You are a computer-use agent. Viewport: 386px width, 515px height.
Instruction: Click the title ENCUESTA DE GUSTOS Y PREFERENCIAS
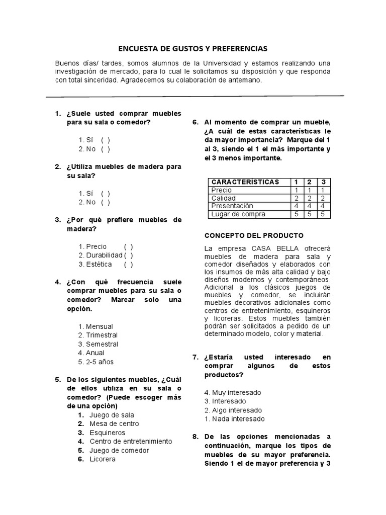pyautogui.click(x=193, y=49)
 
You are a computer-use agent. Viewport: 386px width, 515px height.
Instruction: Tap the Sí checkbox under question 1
pyautogui.click(x=105, y=140)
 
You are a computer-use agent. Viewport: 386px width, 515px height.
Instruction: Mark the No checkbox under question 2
pyautogui.click(x=105, y=202)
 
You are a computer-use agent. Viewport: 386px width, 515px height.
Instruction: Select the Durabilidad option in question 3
pyautogui.click(x=129, y=255)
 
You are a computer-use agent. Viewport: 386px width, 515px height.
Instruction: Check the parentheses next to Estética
pyautogui.click(x=129, y=264)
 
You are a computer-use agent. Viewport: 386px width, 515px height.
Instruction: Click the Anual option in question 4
pyautogui.click(x=95, y=353)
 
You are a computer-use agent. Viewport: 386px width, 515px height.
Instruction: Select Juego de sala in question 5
pyautogui.click(x=112, y=415)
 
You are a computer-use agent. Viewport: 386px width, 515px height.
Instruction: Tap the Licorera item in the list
pyautogui.click(x=103, y=459)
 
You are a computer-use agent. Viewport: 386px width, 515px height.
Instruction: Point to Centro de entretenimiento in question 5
pyautogui.click(x=131, y=442)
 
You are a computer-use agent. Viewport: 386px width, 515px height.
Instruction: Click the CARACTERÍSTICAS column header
pyautogui.click(x=245, y=182)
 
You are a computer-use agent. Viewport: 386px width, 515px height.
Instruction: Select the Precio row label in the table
pyautogui.click(x=222, y=190)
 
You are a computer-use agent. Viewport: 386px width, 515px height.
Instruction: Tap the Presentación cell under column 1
pyautogui.click(x=297, y=206)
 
